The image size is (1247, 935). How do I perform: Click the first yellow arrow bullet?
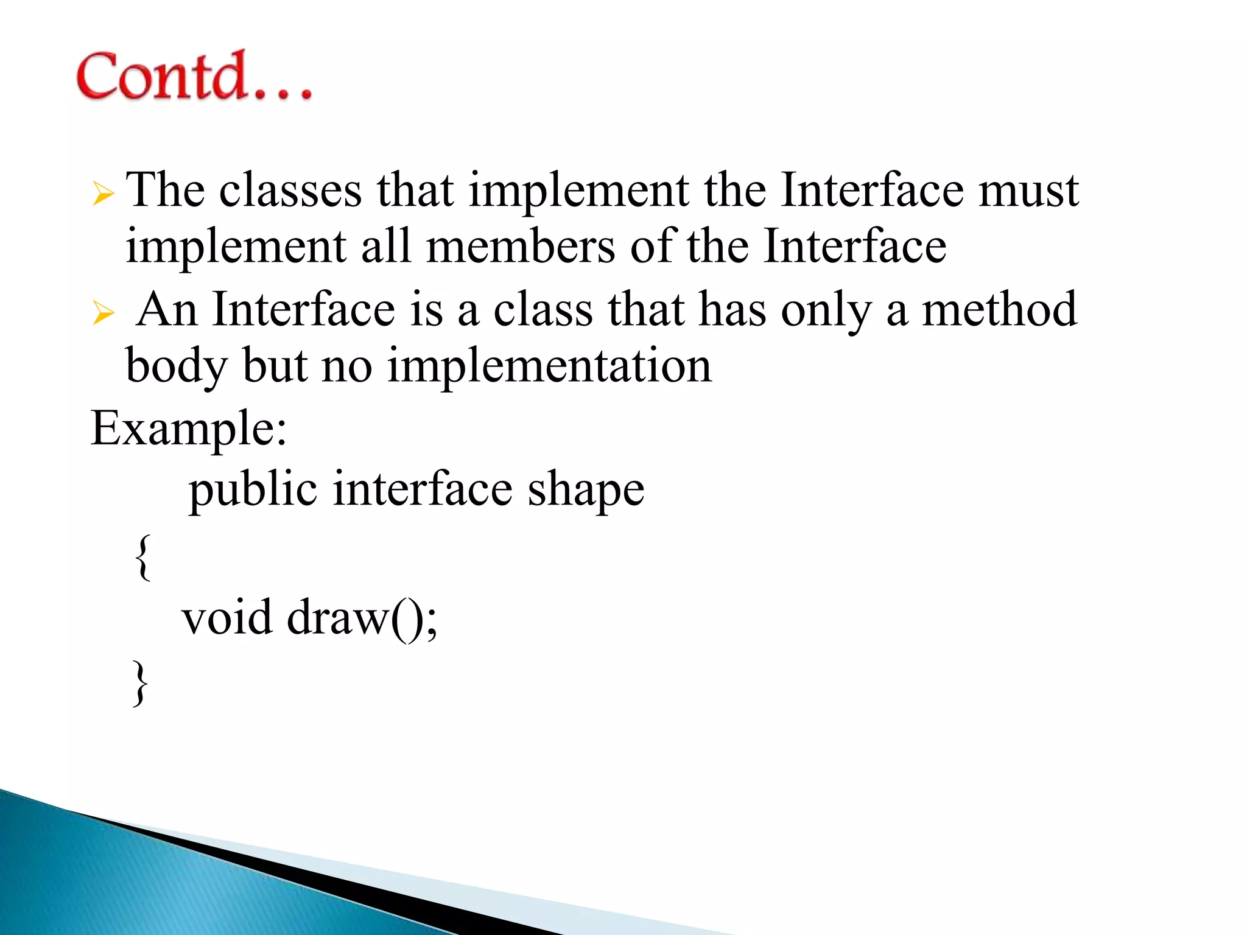[104, 195]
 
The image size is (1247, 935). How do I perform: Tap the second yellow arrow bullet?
[104, 313]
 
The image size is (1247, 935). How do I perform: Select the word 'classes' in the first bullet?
[290, 191]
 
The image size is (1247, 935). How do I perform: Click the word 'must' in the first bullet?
[1028, 191]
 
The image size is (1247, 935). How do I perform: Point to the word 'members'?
[520, 247]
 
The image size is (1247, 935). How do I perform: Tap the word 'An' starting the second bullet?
[166, 310]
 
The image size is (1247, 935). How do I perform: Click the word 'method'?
[999, 310]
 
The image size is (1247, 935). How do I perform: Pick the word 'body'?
[176, 366]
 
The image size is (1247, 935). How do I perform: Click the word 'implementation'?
[549, 366]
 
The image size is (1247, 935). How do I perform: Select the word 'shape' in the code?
[585, 490]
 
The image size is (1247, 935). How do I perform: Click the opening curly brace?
[142, 557]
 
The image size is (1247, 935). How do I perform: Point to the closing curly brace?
[141, 683]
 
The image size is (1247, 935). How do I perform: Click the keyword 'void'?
[227, 618]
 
